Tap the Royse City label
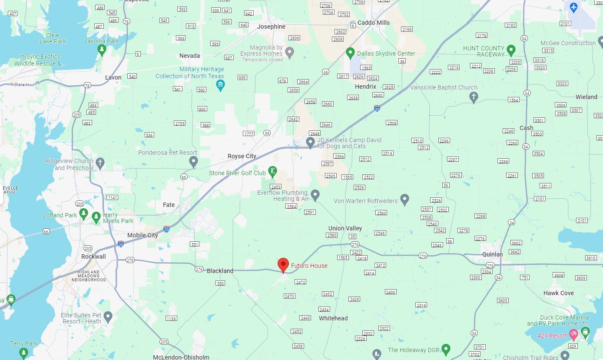[242, 156]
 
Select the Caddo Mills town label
[373, 23]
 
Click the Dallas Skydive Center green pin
[350, 53]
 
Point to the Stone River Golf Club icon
[272, 171]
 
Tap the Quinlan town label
[492, 254]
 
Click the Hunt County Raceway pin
[511, 50]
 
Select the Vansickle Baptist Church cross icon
[474, 97]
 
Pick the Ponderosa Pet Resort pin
[194, 162]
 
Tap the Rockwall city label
[93, 257]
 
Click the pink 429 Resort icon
[573, 334]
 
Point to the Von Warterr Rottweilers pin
[404, 200]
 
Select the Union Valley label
[345, 228]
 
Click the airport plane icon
[573, 7]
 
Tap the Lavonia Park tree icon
[102, 50]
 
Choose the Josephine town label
[271, 27]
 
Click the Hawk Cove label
[558, 293]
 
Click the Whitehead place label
[333, 318]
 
